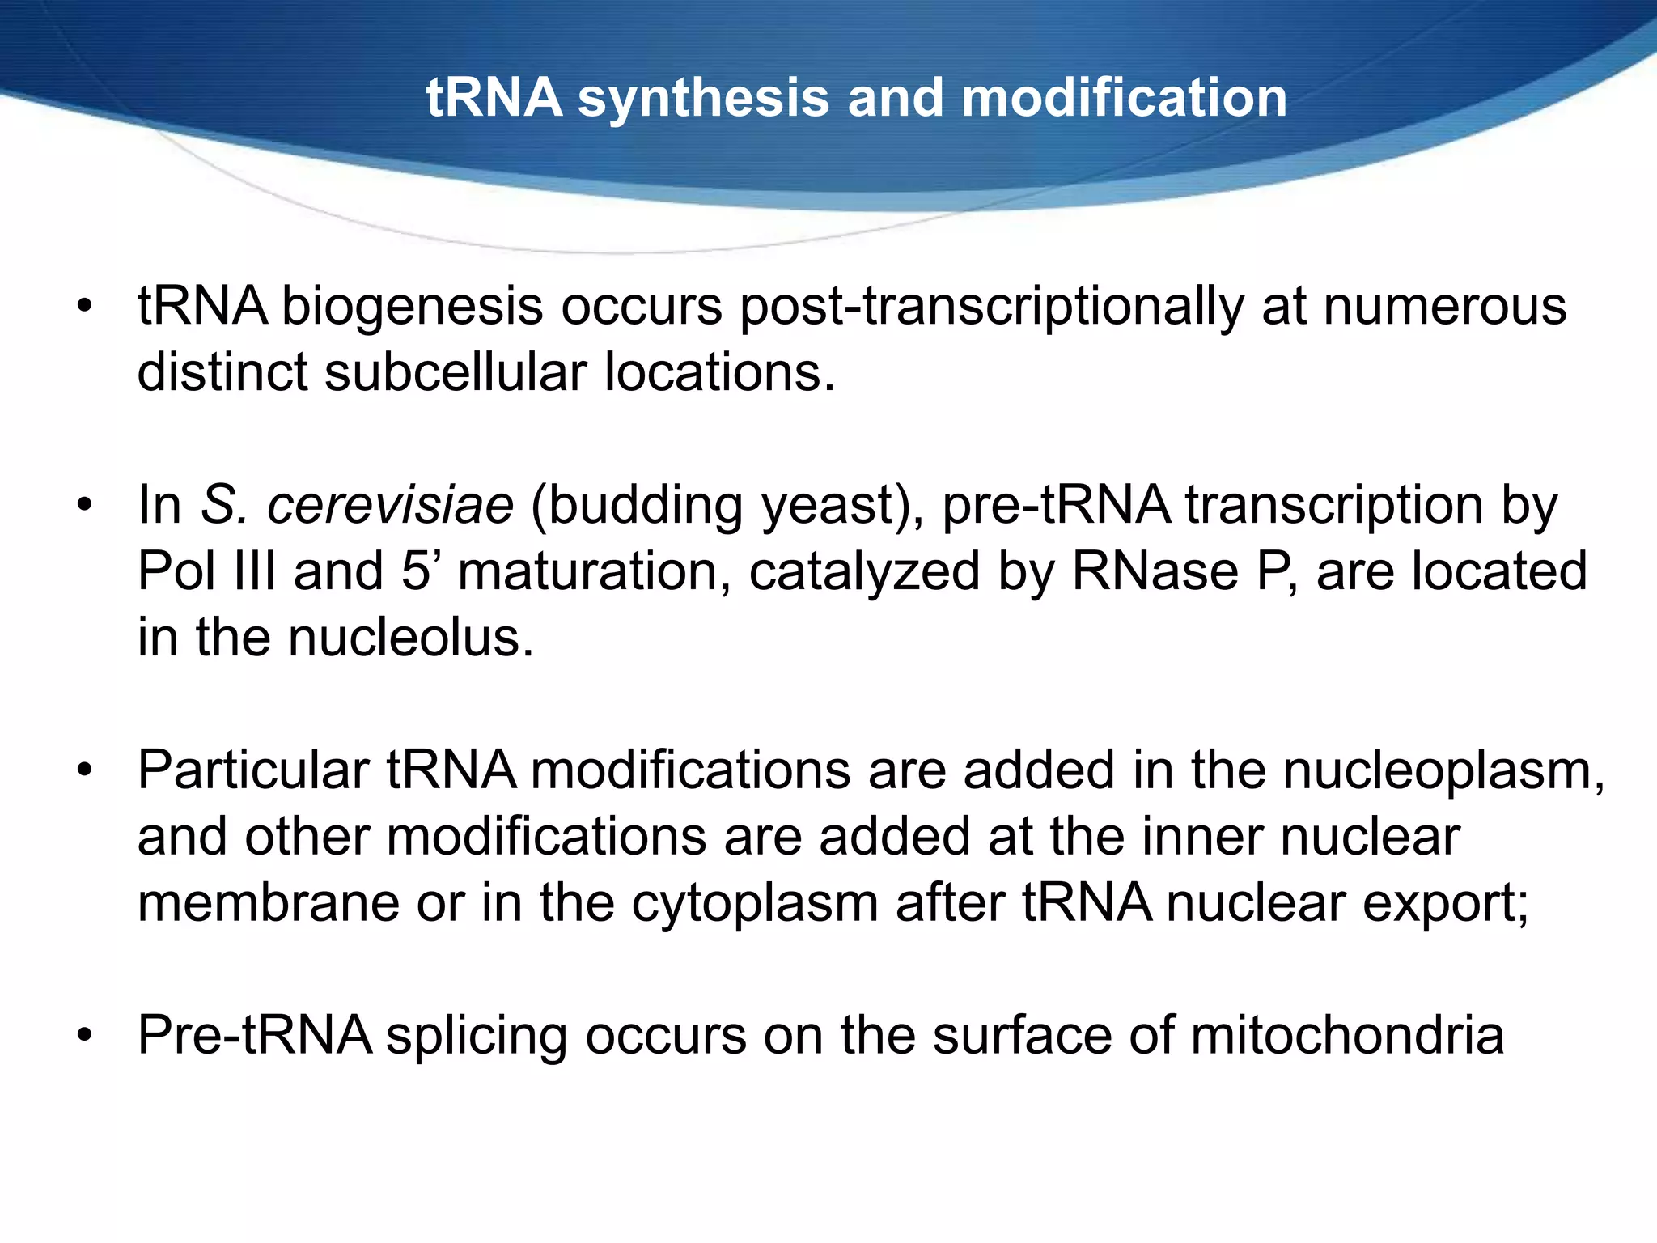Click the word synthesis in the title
click(703, 99)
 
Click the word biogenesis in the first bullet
click(412, 308)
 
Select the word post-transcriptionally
click(992, 308)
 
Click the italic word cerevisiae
click(390, 506)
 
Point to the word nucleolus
click(411, 638)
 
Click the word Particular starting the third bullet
click(253, 770)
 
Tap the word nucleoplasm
click(1443, 771)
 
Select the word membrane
click(268, 902)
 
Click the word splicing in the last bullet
click(476, 1037)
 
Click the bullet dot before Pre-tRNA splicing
click(86, 1035)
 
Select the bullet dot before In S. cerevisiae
click(86, 506)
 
